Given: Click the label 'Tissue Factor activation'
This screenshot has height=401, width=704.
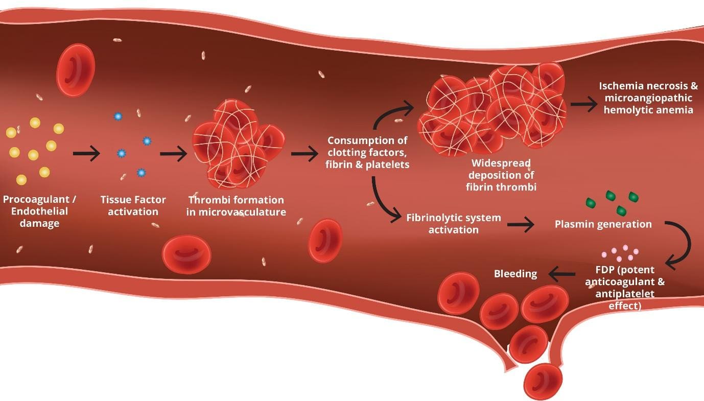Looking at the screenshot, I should pyautogui.click(x=133, y=206).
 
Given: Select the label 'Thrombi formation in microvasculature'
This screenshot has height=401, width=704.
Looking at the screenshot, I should pyautogui.click(x=236, y=206).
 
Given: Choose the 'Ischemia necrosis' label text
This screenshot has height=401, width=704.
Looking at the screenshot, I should pyautogui.click(x=648, y=98).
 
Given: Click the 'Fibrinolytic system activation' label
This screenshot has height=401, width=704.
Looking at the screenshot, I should pyautogui.click(x=454, y=224).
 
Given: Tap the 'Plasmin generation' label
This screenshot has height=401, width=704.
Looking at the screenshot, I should pyautogui.click(x=603, y=224).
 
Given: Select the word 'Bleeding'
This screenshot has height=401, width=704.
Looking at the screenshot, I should pyautogui.click(x=515, y=274).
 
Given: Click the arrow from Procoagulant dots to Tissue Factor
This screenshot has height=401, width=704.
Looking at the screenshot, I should pyautogui.click(x=86, y=153).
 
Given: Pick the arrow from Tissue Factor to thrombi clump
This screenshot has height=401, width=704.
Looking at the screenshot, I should pyautogui.click(x=174, y=153).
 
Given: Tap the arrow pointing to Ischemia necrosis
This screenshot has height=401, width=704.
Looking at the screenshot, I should pyautogui.click(x=584, y=104).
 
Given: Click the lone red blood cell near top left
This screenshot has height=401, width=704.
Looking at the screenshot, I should pyautogui.click(x=75, y=70).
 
